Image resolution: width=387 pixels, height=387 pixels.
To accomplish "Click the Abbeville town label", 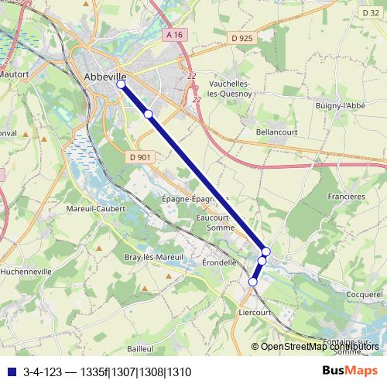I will click(x=104, y=77).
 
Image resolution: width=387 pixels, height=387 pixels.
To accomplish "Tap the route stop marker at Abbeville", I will click(x=121, y=84).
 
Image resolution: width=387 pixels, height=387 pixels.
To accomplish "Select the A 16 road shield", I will click(x=175, y=35).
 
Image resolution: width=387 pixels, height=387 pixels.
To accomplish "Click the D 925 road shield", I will click(x=242, y=37).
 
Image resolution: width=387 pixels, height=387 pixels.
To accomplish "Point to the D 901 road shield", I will click(x=140, y=157).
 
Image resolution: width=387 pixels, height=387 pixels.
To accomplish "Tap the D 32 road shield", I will click(x=371, y=12).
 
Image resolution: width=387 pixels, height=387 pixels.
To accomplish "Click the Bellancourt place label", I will click(x=277, y=132).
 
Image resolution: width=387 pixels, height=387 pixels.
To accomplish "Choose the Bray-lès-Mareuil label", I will click(x=153, y=257).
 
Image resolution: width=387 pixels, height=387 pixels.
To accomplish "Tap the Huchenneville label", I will click(x=26, y=272).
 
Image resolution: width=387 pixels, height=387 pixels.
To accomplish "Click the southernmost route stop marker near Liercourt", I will click(x=252, y=283).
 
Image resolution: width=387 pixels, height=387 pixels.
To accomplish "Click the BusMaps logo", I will click(x=350, y=372).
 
